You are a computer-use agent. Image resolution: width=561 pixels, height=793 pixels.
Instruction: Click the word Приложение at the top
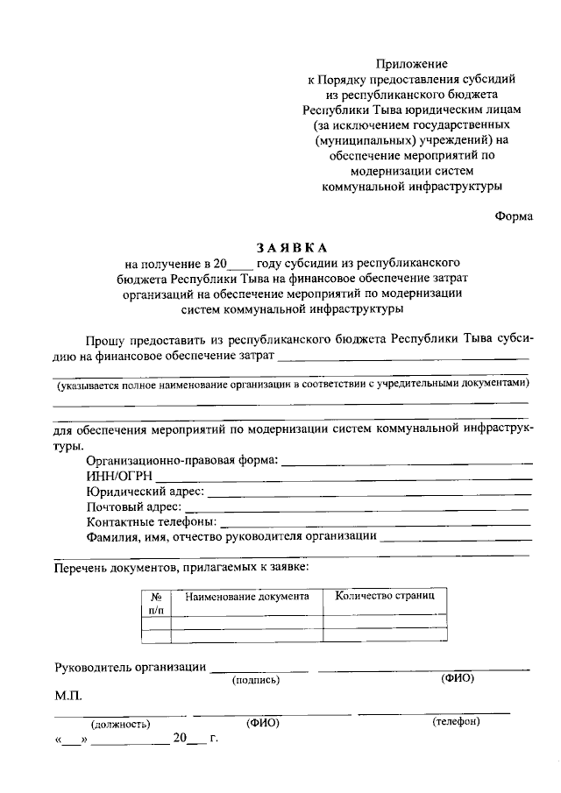(412, 64)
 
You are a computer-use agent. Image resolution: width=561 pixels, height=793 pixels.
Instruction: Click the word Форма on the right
(513, 216)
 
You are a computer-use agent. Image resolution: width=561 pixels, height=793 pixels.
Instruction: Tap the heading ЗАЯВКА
(290, 247)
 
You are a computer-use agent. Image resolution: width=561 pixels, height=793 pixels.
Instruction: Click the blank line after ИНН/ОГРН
(345, 478)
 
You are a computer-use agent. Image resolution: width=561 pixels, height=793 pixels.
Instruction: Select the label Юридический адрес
(145, 492)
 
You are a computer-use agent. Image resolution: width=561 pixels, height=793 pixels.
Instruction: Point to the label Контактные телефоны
(151, 521)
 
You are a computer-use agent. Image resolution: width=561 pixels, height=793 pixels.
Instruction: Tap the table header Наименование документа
(246, 596)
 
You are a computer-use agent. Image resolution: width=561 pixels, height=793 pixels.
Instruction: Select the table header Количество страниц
(379, 595)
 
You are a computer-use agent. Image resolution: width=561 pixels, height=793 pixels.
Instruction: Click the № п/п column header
(156, 601)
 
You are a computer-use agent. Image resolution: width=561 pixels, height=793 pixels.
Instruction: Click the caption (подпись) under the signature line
(254, 679)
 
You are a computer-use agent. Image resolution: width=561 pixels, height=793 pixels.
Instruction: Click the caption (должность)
(120, 724)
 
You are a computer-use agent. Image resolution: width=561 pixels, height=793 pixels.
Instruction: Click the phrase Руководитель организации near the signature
(130, 667)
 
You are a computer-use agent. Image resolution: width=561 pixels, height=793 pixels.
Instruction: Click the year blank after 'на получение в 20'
(240, 262)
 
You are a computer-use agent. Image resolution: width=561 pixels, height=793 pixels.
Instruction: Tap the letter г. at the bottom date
(213, 739)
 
